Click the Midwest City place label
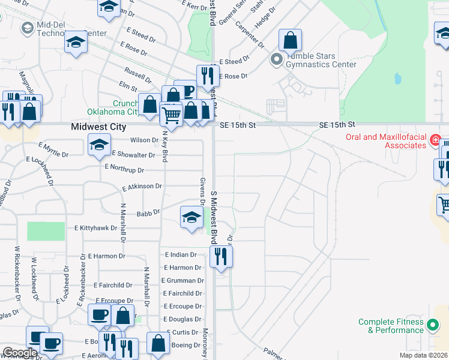[x=98, y=127]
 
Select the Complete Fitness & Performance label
[x=391, y=326]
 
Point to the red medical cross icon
[x=436, y=140]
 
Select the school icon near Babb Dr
[x=191, y=217]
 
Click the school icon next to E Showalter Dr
[x=99, y=144]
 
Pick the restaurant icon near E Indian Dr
[x=221, y=256]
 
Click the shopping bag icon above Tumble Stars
[x=290, y=40]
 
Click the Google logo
[x=20, y=353]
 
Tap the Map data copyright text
[x=424, y=355]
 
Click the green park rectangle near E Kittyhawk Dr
[x=46, y=231]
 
